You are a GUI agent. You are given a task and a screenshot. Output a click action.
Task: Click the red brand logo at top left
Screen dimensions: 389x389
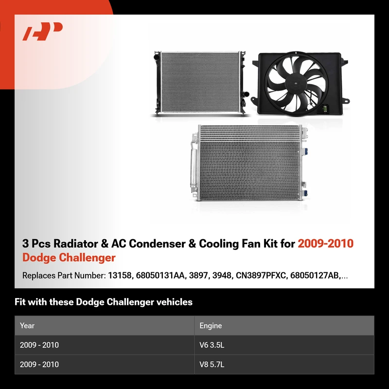(42, 31)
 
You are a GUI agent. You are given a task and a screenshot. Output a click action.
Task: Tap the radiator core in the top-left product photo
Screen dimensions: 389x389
(200, 82)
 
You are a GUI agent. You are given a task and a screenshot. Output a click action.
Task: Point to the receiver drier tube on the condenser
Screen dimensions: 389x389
(194, 164)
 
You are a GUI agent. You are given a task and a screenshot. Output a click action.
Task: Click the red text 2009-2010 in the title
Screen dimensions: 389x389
(325, 244)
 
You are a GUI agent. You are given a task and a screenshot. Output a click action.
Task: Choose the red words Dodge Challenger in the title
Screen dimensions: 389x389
(69, 258)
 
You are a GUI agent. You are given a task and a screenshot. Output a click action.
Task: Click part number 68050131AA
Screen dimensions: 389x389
(160, 275)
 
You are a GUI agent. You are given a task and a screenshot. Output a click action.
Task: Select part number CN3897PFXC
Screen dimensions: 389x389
(261, 275)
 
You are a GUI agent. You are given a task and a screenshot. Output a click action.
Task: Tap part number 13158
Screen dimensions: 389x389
(119, 275)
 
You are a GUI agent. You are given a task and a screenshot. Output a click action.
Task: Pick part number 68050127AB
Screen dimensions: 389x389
(314, 275)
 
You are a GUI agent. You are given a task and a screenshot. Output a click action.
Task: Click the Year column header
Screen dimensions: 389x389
(27, 325)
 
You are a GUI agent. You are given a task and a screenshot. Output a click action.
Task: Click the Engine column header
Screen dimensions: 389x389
(211, 325)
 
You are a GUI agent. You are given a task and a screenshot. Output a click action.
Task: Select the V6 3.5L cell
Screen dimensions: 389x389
(212, 345)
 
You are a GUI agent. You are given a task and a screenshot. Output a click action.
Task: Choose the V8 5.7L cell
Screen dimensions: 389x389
(212, 364)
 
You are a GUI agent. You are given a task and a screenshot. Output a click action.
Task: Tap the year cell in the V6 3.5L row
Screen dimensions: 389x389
(39, 345)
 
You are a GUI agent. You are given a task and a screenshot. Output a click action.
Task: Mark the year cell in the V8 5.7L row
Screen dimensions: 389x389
(39, 364)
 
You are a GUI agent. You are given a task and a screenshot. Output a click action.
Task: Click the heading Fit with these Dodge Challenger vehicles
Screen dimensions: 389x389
(104, 302)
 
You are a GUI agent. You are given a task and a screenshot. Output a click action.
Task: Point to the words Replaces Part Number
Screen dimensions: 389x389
(64, 275)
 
